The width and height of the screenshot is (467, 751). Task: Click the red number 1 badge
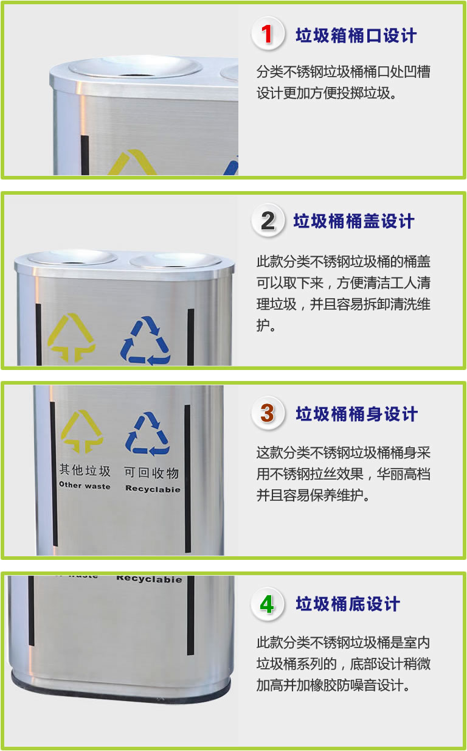[x=268, y=33]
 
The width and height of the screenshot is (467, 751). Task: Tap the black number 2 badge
[x=268, y=220]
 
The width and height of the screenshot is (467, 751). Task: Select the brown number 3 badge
[x=268, y=413]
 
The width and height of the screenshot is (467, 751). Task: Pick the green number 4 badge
[x=268, y=604]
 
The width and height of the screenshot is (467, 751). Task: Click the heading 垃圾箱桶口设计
[x=356, y=35]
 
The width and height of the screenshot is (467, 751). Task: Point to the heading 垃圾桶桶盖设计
[x=354, y=222]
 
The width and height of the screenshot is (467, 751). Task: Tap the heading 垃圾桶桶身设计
[x=356, y=414]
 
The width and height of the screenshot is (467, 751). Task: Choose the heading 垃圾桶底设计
[x=348, y=604]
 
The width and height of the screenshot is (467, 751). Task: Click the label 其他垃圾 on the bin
[x=85, y=470]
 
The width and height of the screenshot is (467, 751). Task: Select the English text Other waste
[x=85, y=486]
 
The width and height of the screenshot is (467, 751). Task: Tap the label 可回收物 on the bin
[x=151, y=473]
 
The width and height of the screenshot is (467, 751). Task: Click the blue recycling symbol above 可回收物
[x=147, y=434]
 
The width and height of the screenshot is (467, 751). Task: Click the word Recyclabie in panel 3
[x=153, y=489]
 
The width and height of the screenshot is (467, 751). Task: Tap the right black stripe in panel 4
[x=190, y=615]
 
